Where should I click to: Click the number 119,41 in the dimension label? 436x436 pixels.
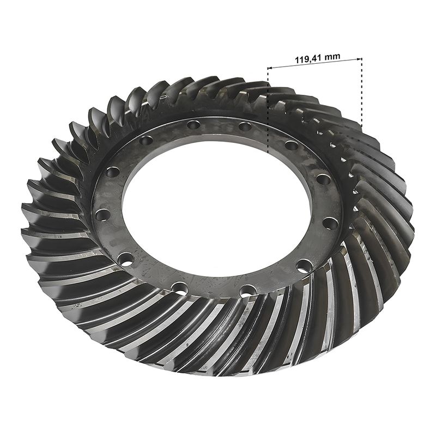[308, 59]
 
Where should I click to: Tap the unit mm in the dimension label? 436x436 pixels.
[332, 57]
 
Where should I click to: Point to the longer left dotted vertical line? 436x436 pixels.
[268, 110]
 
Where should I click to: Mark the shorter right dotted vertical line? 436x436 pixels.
[361, 92]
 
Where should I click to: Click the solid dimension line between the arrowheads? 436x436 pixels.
[315, 63]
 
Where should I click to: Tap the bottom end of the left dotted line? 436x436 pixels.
[268, 153]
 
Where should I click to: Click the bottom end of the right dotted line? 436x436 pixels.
[361, 126]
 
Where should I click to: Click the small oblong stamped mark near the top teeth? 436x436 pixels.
[163, 97]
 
